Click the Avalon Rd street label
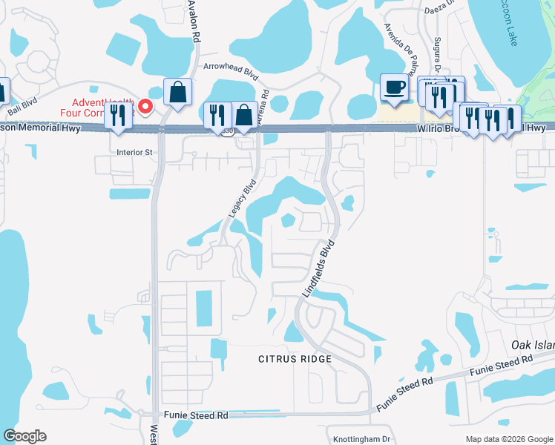194,21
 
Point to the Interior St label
134,153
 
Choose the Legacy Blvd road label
242,198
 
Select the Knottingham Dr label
361,439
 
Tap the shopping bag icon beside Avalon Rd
178,92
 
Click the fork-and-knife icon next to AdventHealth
119,115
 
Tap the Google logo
25,436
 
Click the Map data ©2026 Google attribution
509,439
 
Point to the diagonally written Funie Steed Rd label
404,394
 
